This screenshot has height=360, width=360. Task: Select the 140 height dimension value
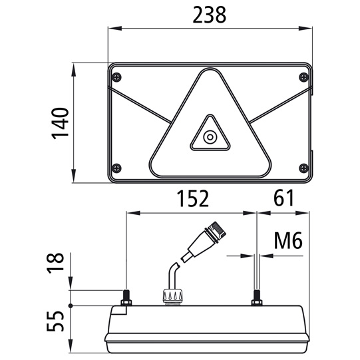click(61, 123)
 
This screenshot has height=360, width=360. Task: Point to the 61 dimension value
click(283, 198)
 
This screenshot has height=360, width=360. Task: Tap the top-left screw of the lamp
click(117, 75)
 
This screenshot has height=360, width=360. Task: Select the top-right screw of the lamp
click(303, 75)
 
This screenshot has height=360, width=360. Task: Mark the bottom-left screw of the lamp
click(117, 167)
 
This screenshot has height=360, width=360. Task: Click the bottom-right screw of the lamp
click(303, 167)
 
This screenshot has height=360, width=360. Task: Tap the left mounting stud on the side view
click(126, 297)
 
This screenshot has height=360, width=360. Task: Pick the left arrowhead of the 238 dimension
click(112, 28)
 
